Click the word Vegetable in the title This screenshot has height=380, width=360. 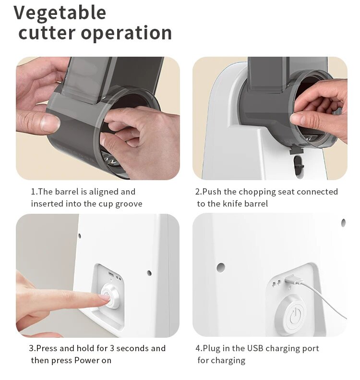coord(60,13)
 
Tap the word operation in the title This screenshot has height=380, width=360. coord(126,33)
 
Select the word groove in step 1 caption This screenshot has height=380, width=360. coord(129,204)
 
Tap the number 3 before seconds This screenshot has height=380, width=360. coord(112,348)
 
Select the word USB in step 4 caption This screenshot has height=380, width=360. coord(255,348)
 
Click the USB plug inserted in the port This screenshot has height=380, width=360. coord(293,281)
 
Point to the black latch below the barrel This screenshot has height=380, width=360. coord(297,151)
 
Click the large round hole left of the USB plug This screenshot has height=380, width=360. coord(220,267)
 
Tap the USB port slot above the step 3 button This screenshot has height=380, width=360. coord(111,275)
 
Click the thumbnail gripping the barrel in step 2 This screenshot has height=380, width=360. coord(297,118)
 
